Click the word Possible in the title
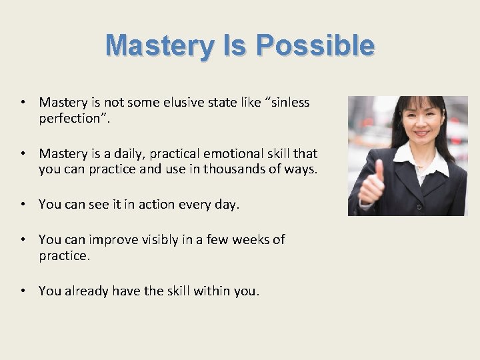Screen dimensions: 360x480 point(315,46)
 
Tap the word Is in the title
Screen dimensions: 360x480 point(235,46)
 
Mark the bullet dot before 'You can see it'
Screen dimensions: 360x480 point(23,205)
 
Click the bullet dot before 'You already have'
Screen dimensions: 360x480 point(23,291)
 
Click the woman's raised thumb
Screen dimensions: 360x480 point(379,169)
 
